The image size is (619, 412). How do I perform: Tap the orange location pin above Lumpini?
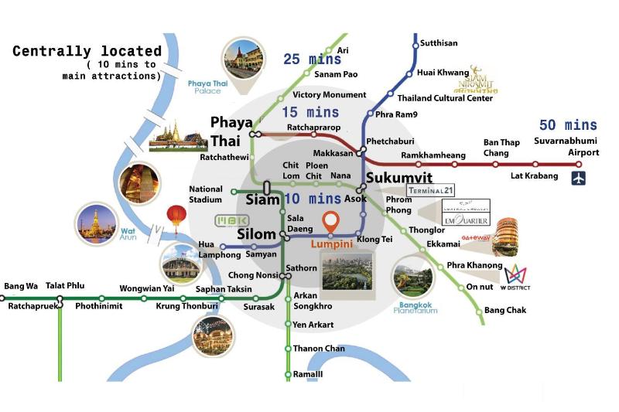click(332, 223)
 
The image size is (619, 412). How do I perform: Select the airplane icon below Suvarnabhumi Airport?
click(578, 179)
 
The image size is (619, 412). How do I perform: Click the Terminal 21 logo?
click(428, 190)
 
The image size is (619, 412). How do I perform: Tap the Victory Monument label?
click(329, 95)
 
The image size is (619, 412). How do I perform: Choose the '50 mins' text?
click(569, 125)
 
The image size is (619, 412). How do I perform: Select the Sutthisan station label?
click(439, 43)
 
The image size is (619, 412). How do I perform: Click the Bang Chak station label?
click(504, 311)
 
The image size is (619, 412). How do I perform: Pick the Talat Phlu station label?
click(65, 286)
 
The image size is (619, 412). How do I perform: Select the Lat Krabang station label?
click(534, 176)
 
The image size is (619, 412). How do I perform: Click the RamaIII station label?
click(308, 374)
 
